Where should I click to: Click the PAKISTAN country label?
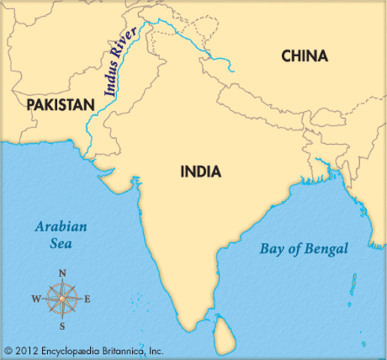[x=60, y=104]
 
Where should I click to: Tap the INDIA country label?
[x=201, y=172]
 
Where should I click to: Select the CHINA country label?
[x=304, y=56]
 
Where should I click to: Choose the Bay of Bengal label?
[x=304, y=249]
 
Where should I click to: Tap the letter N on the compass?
[x=62, y=272]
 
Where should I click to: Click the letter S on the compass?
[x=62, y=326]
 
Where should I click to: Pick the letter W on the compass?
[x=35, y=299]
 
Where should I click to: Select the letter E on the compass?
[x=88, y=299]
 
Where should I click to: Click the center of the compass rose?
[x=62, y=299]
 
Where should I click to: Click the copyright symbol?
[x=9, y=350]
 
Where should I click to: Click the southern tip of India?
[x=197, y=325]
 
